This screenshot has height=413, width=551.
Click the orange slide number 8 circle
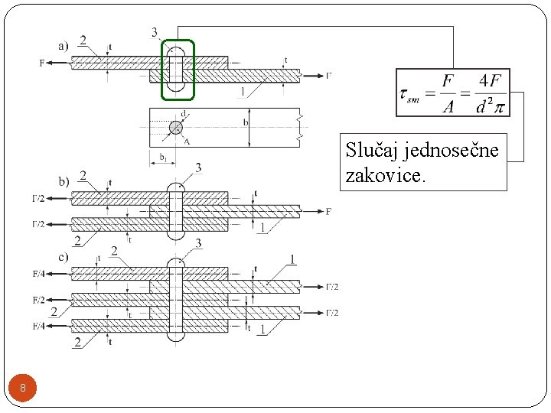pyautogui.click(x=23, y=389)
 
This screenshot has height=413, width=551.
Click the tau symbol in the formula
pyautogui.click(x=406, y=94)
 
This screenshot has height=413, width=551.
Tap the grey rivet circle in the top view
pyautogui.click(x=176, y=127)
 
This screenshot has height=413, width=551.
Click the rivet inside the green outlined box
pyautogui.click(x=178, y=70)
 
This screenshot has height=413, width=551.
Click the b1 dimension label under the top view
pyautogui.click(x=163, y=157)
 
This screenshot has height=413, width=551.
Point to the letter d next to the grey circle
pyautogui.click(x=184, y=114)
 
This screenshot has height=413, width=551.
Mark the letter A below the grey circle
pyautogui.click(x=186, y=141)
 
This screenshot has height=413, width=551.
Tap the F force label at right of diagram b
pyautogui.click(x=329, y=211)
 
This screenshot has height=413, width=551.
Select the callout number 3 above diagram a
pyautogui.click(x=155, y=32)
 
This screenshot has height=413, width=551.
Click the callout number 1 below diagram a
pyautogui.click(x=243, y=93)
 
